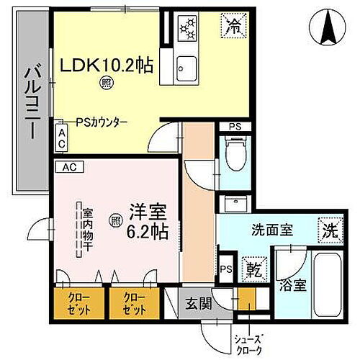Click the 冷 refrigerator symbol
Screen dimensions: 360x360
pos(235,27)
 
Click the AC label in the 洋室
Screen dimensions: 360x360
pos(71,167)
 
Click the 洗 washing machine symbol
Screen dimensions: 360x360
pos(328,233)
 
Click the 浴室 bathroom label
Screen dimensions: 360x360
pos(294,284)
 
